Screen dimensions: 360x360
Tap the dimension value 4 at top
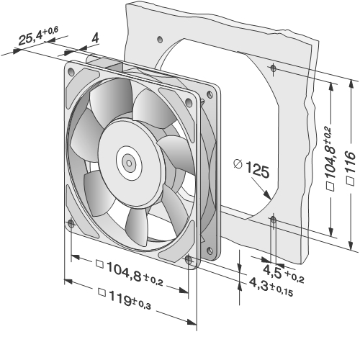tap(95, 38)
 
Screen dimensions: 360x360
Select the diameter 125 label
tap(252, 168)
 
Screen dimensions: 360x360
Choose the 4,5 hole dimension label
tap(284, 273)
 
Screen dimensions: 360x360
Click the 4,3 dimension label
tap(271, 287)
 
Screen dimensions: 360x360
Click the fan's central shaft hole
tap(129, 163)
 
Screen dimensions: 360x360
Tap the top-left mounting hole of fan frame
tap(71, 71)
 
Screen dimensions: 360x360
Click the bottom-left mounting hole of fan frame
tap(71, 224)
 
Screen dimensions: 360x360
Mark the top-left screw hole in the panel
tap(160, 40)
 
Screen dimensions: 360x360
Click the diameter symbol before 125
tap(238, 164)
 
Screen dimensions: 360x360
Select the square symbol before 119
tap(102, 292)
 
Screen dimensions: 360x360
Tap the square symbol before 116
tap(351, 181)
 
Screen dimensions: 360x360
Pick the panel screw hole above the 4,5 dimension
tap(273, 220)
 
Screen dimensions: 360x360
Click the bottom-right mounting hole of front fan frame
tap(189, 260)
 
